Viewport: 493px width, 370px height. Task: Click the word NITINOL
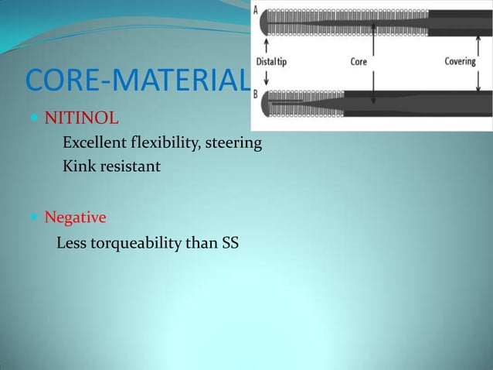pos(81,119)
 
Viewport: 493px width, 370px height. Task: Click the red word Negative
pos(75,218)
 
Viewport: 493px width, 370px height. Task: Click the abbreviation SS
pos(229,244)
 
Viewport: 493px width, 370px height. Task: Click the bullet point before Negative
pos(36,218)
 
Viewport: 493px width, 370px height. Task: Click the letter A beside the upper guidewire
pos(257,9)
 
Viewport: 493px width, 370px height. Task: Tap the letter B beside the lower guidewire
pos(257,95)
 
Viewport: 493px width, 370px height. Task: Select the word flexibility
pos(164,143)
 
